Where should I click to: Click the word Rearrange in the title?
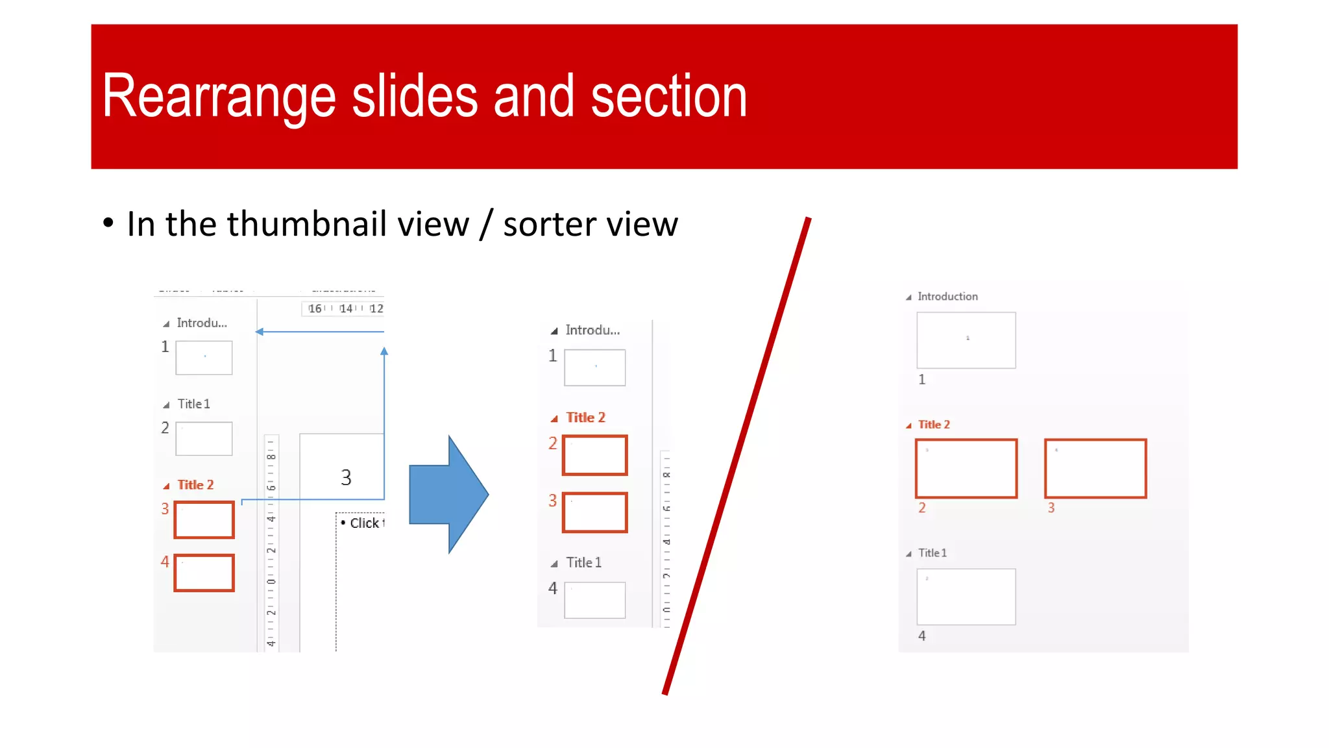pos(219,97)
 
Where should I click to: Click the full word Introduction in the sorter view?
pos(947,297)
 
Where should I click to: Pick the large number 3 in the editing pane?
pos(346,478)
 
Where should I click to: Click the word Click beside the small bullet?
pos(364,523)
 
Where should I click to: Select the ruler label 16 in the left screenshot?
pos(315,308)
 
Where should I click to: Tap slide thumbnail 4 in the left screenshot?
pos(204,573)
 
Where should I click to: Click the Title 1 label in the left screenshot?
pos(193,404)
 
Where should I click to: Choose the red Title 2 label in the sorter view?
pos(934,425)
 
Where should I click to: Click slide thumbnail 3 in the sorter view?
pos(1095,468)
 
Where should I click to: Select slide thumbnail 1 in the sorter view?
pos(966,340)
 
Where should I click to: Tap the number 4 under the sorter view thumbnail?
pos(922,636)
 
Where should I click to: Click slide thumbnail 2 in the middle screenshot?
pos(594,455)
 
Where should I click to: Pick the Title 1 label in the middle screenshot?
pos(583,562)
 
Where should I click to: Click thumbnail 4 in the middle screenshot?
pos(594,600)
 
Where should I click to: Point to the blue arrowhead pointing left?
pos(260,332)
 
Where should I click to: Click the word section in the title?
pos(669,97)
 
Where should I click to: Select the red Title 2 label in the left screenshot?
pos(195,485)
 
